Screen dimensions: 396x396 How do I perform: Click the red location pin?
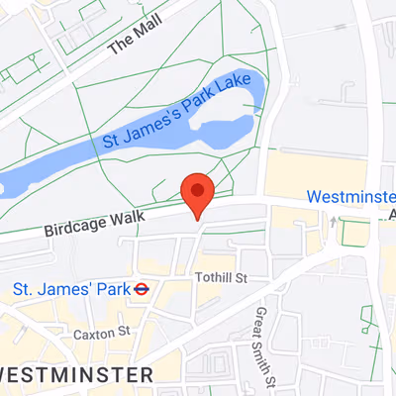[198, 192]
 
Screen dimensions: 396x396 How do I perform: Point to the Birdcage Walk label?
[95, 222]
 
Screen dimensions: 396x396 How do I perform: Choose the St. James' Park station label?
[71, 290]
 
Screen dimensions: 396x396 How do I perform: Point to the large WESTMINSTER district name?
[76, 374]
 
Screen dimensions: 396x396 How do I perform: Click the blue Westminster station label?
[350, 197]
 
